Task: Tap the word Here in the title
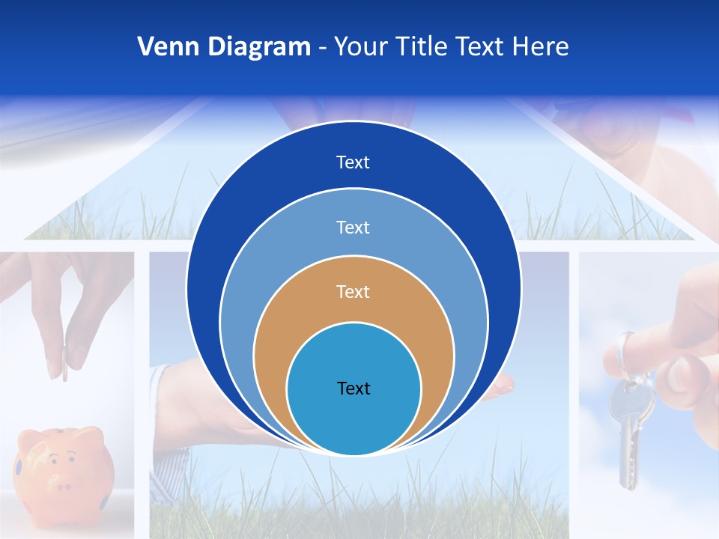[x=540, y=47]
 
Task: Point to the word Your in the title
[x=359, y=47]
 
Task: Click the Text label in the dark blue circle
[x=353, y=162]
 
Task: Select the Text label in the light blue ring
[x=353, y=227]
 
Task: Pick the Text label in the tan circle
[x=353, y=291]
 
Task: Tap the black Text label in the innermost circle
[x=354, y=388]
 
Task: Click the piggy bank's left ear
[x=31, y=436]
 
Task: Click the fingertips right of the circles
[x=502, y=386]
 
